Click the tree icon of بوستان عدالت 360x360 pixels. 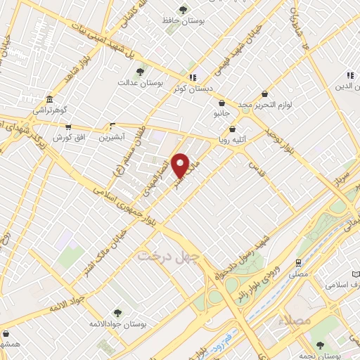(141, 72)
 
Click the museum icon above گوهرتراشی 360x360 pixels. (49, 100)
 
